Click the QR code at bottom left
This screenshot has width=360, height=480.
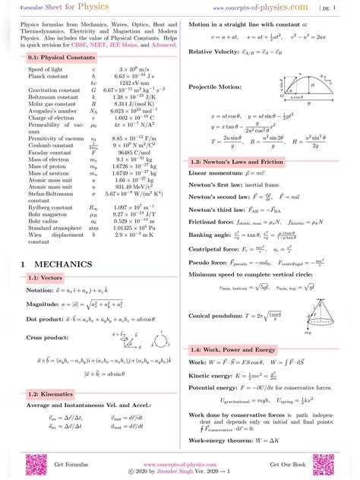(35, 465)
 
